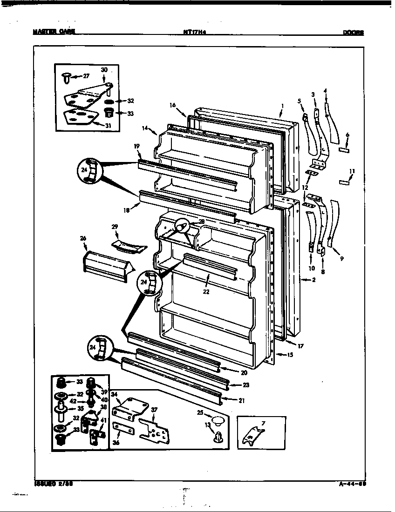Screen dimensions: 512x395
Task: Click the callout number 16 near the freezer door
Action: pos(173,106)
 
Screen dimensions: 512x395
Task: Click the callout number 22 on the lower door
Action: pos(206,292)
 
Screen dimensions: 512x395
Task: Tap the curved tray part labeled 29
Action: pos(129,245)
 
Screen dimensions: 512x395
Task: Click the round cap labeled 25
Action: pos(215,422)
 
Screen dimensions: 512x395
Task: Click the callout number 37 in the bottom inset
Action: pos(154,409)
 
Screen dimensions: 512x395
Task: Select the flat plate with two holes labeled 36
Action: pos(123,430)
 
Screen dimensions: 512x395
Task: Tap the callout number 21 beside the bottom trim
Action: pos(241,400)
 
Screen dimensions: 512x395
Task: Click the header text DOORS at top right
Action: pos(353,33)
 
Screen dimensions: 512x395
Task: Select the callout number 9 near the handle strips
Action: pos(341,258)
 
